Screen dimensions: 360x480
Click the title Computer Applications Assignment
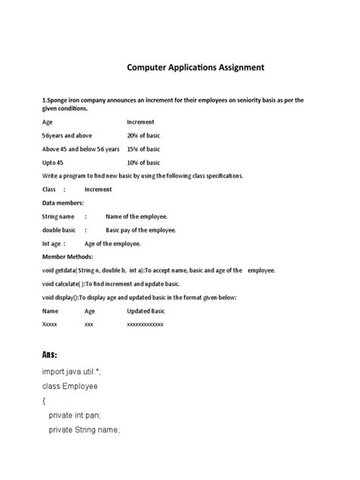[x=195, y=68]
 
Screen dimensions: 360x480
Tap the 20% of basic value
[x=144, y=134]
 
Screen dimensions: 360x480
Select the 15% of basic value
[x=144, y=148]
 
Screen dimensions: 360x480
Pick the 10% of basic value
[x=144, y=162]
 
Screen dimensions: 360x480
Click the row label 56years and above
[x=67, y=134]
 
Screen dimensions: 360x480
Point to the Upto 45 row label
[x=53, y=162]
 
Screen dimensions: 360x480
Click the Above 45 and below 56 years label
[x=81, y=148]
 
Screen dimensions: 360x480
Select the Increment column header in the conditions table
[x=141, y=121]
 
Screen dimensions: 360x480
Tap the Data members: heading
[x=63, y=203]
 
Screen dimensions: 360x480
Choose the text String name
[x=58, y=216]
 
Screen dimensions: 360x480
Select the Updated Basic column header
[x=146, y=311]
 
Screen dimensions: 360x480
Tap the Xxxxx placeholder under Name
[x=50, y=324]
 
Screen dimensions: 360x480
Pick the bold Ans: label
[x=50, y=355]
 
